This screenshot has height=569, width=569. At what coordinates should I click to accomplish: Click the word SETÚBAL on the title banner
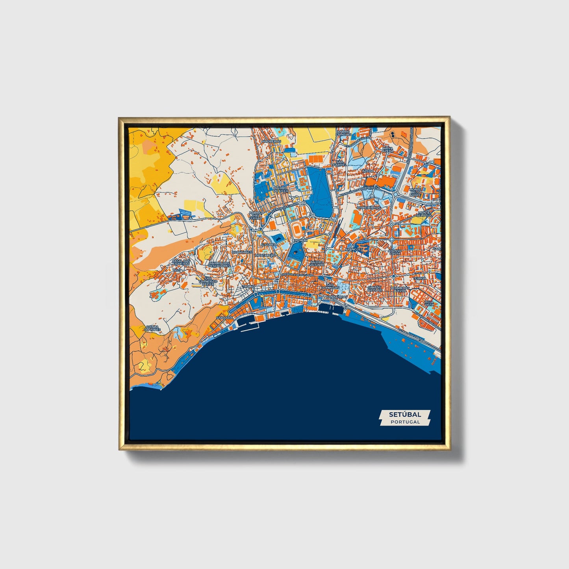tap(405, 414)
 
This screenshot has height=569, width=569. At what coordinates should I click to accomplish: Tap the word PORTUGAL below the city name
tap(405, 422)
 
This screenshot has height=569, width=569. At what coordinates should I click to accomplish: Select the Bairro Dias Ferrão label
tap(255, 215)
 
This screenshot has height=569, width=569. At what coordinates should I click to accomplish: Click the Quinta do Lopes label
tap(152, 328)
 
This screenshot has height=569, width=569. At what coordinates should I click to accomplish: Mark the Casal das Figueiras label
tap(181, 263)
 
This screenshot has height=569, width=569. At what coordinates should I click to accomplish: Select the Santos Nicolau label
tap(374, 289)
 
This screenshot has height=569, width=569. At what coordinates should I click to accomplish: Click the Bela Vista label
tap(429, 303)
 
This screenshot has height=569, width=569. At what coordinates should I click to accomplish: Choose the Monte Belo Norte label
tap(415, 192)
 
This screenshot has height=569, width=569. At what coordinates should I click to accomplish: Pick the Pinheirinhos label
tap(369, 208)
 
